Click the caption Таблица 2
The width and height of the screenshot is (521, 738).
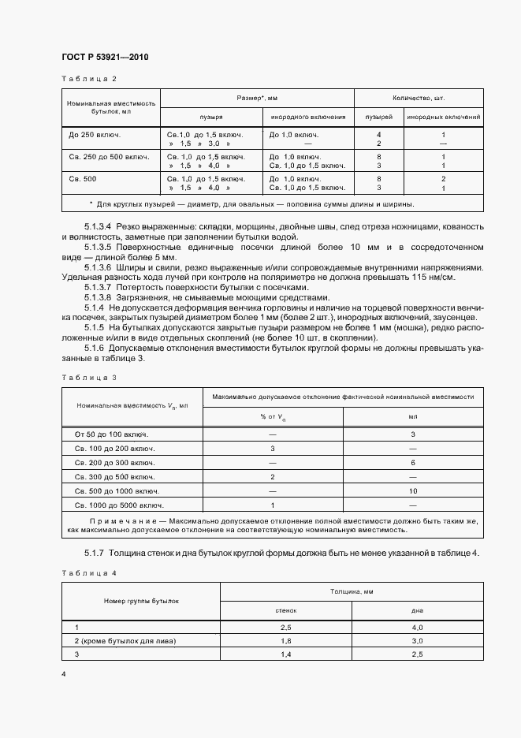pyautogui.click(x=88, y=79)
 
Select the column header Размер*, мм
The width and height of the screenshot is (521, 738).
pyautogui.click(x=257, y=98)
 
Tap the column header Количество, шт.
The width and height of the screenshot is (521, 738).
pyautogui.click(x=419, y=98)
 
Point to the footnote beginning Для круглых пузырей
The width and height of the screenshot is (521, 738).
pyautogui.click(x=252, y=204)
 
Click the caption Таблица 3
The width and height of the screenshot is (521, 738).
pyautogui.click(x=88, y=377)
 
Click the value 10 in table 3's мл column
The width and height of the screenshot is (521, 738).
pyautogui.click(x=413, y=490)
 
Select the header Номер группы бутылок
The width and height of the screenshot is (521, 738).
pyautogui.click(x=141, y=600)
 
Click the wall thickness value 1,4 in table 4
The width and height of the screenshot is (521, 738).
pyautogui.click(x=286, y=655)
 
